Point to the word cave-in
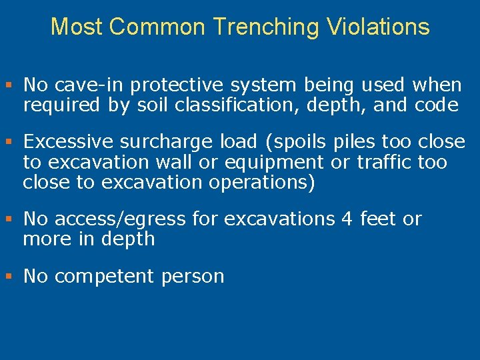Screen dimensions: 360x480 pos(89,85)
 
